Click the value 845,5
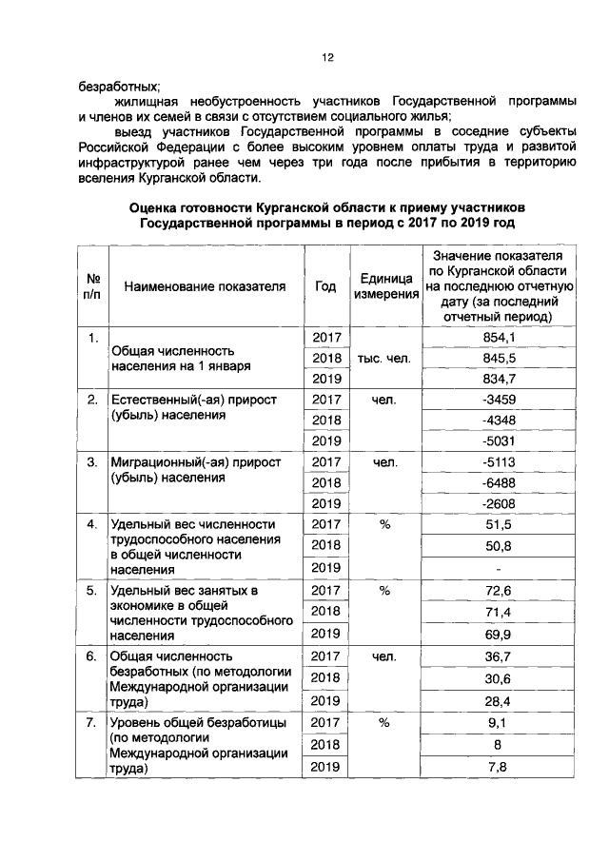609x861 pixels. [499, 358]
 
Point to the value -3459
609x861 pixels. [499, 400]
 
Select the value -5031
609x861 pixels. [499, 441]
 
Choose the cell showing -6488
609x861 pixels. [499, 482]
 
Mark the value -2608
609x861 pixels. [499, 503]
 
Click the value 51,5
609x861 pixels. [499, 524]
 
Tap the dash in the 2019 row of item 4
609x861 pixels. [499, 570]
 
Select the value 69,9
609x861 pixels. [499, 633]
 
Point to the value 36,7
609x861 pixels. [499, 656]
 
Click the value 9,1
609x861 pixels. [499, 722]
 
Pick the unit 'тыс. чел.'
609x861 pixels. [386, 359]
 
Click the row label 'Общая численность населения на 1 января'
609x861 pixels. [181, 358]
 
